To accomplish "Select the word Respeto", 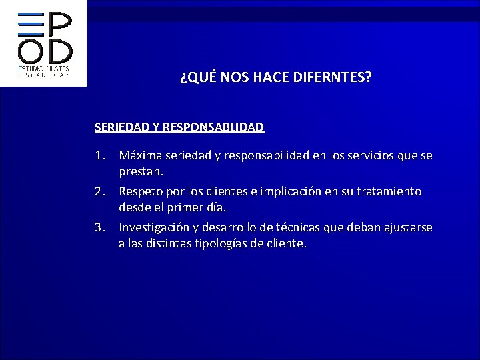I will pyautogui.click(x=142, y=191).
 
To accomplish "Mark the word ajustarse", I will pyautogui.click(x=407, y=227).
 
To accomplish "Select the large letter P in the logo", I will pyautogui.click(x=61, y=26).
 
